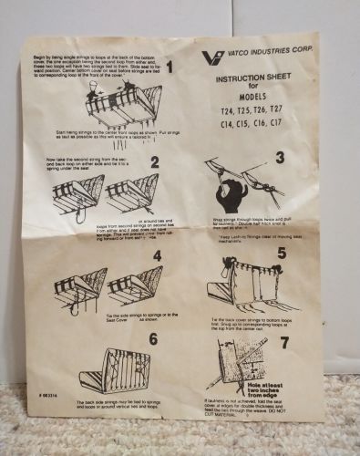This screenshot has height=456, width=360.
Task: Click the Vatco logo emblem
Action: (211, 58)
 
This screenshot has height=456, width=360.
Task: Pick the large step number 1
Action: (169, 67)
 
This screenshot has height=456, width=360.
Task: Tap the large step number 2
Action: (156, 163)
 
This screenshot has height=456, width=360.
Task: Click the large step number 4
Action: (156, 256)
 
